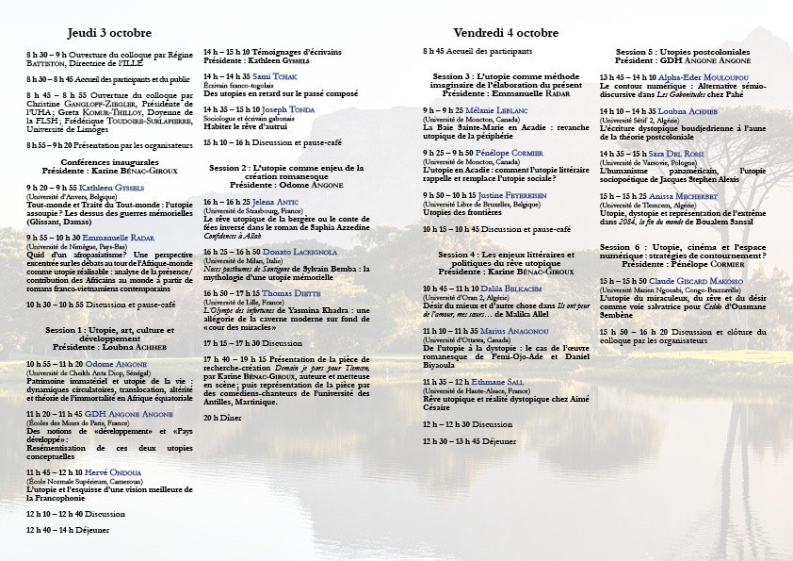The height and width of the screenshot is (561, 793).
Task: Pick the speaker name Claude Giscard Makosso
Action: (x=689, y=281)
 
